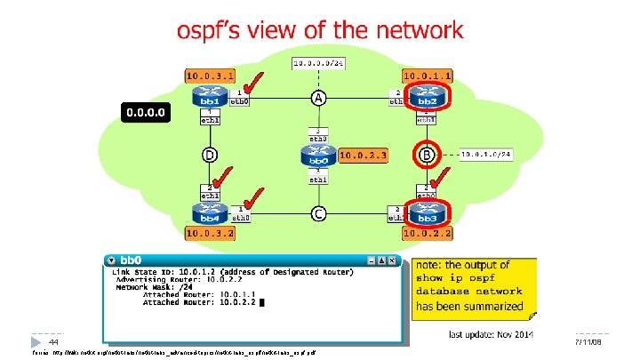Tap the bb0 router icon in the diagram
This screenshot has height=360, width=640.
[317, 156]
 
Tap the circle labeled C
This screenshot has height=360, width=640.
[317, 213]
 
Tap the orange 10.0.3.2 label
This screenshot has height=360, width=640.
[211, 233]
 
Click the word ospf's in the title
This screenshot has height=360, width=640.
[214, 30]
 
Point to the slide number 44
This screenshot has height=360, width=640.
[53, 342]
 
